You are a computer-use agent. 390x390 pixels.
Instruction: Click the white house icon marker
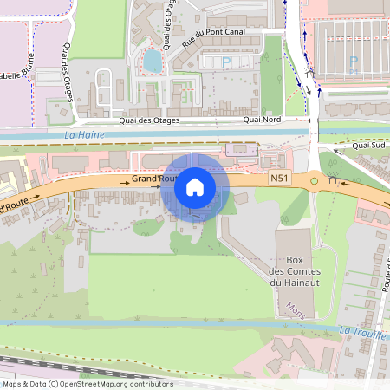click(195, 186)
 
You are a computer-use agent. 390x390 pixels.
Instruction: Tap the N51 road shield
click(278, 179)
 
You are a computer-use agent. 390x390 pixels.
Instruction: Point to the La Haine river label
click(84, 136)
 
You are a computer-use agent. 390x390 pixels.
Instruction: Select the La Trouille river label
click(360, 331)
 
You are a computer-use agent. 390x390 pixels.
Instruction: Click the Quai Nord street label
click(263, 121)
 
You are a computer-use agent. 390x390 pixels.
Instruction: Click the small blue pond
click(153, 61)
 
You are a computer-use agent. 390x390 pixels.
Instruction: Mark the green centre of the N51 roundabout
click(314, 181)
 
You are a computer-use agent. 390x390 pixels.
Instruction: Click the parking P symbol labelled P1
click(353, 62)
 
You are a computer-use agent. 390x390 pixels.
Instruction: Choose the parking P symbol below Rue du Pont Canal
click(227, 62)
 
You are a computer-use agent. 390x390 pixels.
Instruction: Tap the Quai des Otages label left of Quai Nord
click(160, 121)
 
